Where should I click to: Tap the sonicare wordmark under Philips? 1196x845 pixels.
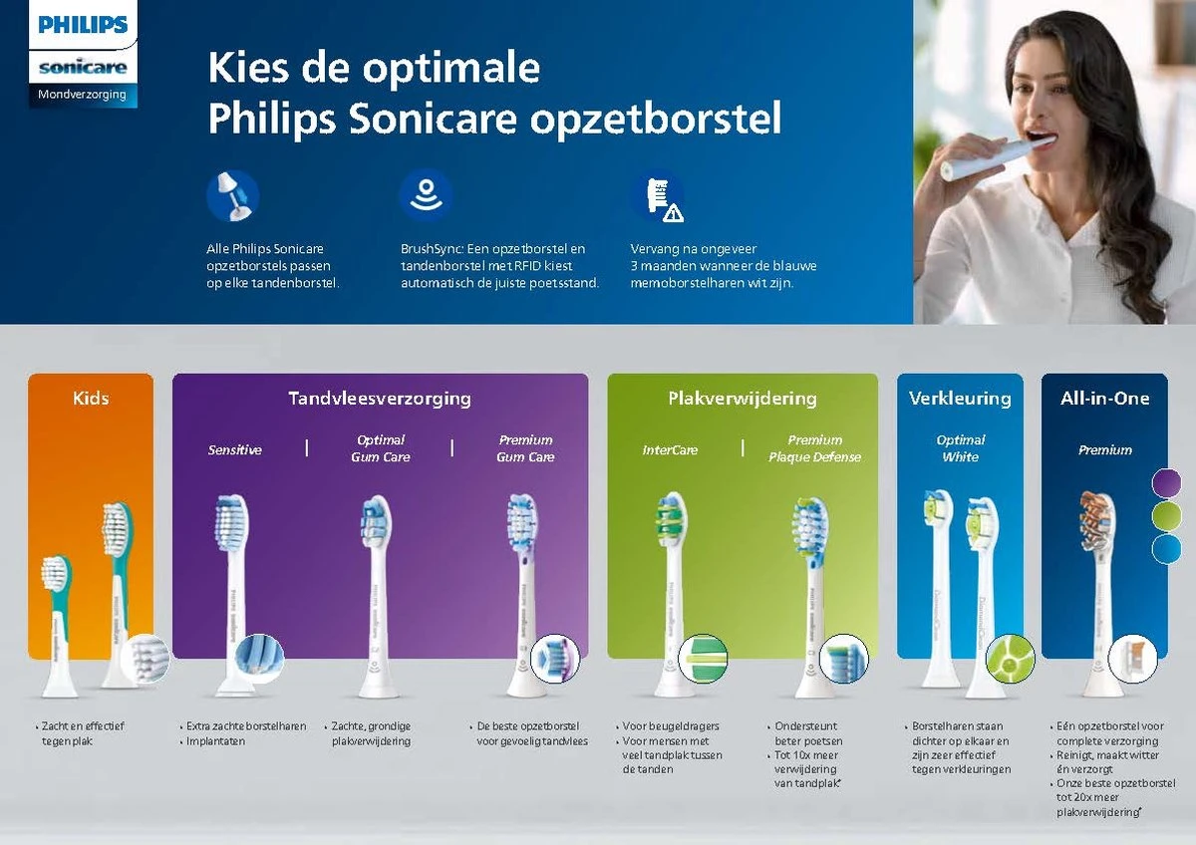pyautogui.click(x=83, y=68)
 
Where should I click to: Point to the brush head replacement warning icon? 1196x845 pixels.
pyautogui.click(x=658, y=197)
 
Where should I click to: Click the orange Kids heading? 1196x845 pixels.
pyautogui.click(x=91, y=399)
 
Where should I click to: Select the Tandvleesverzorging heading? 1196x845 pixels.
pyautogui.click(x=380, y=399)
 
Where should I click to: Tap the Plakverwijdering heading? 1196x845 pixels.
pyautogui.click(x=743, y=399)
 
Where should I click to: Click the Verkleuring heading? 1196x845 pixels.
pyautogui.click(x=960, y=399)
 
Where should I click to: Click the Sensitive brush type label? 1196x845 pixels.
pyautogui.click(x=235, y=449)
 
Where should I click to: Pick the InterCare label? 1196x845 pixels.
pyautogui.click(x=670, y=449)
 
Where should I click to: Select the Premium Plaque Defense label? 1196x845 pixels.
pyautogui.click(x=814, y=448)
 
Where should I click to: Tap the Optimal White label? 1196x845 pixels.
pyautogui.click(x=961, y=448)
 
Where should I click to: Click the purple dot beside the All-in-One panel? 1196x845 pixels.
pyautogui.click(x=1166, y=483)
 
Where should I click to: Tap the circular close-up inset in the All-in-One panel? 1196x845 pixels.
pyautogui.click(x=1132, y=659)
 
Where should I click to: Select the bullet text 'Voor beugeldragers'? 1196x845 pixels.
pyautogui.click(x=671, y=726)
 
